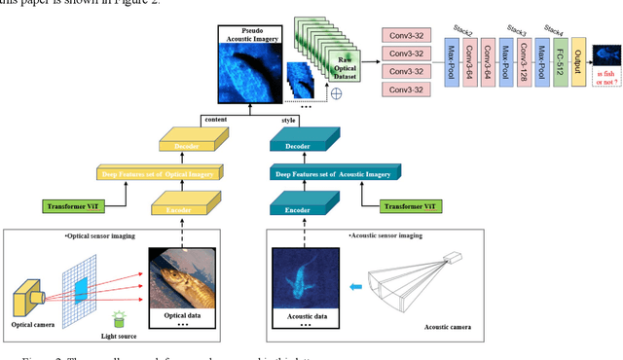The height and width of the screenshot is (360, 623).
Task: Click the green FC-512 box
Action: click(x=558, y=63)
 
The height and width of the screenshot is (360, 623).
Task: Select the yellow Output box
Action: click(x=579, y=63)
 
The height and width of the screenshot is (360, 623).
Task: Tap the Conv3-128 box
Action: click(x=525, y=63)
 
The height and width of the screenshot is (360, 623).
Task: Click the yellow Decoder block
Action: click(x=189, y=148)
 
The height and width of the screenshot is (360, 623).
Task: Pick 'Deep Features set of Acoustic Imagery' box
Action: click(x=332, y=174)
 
